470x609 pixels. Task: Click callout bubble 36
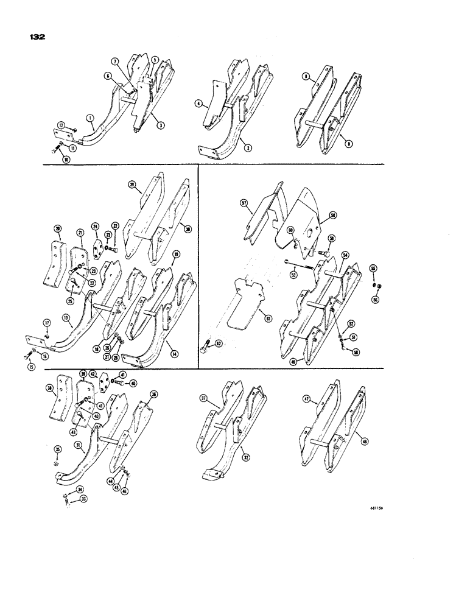[153, 394]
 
